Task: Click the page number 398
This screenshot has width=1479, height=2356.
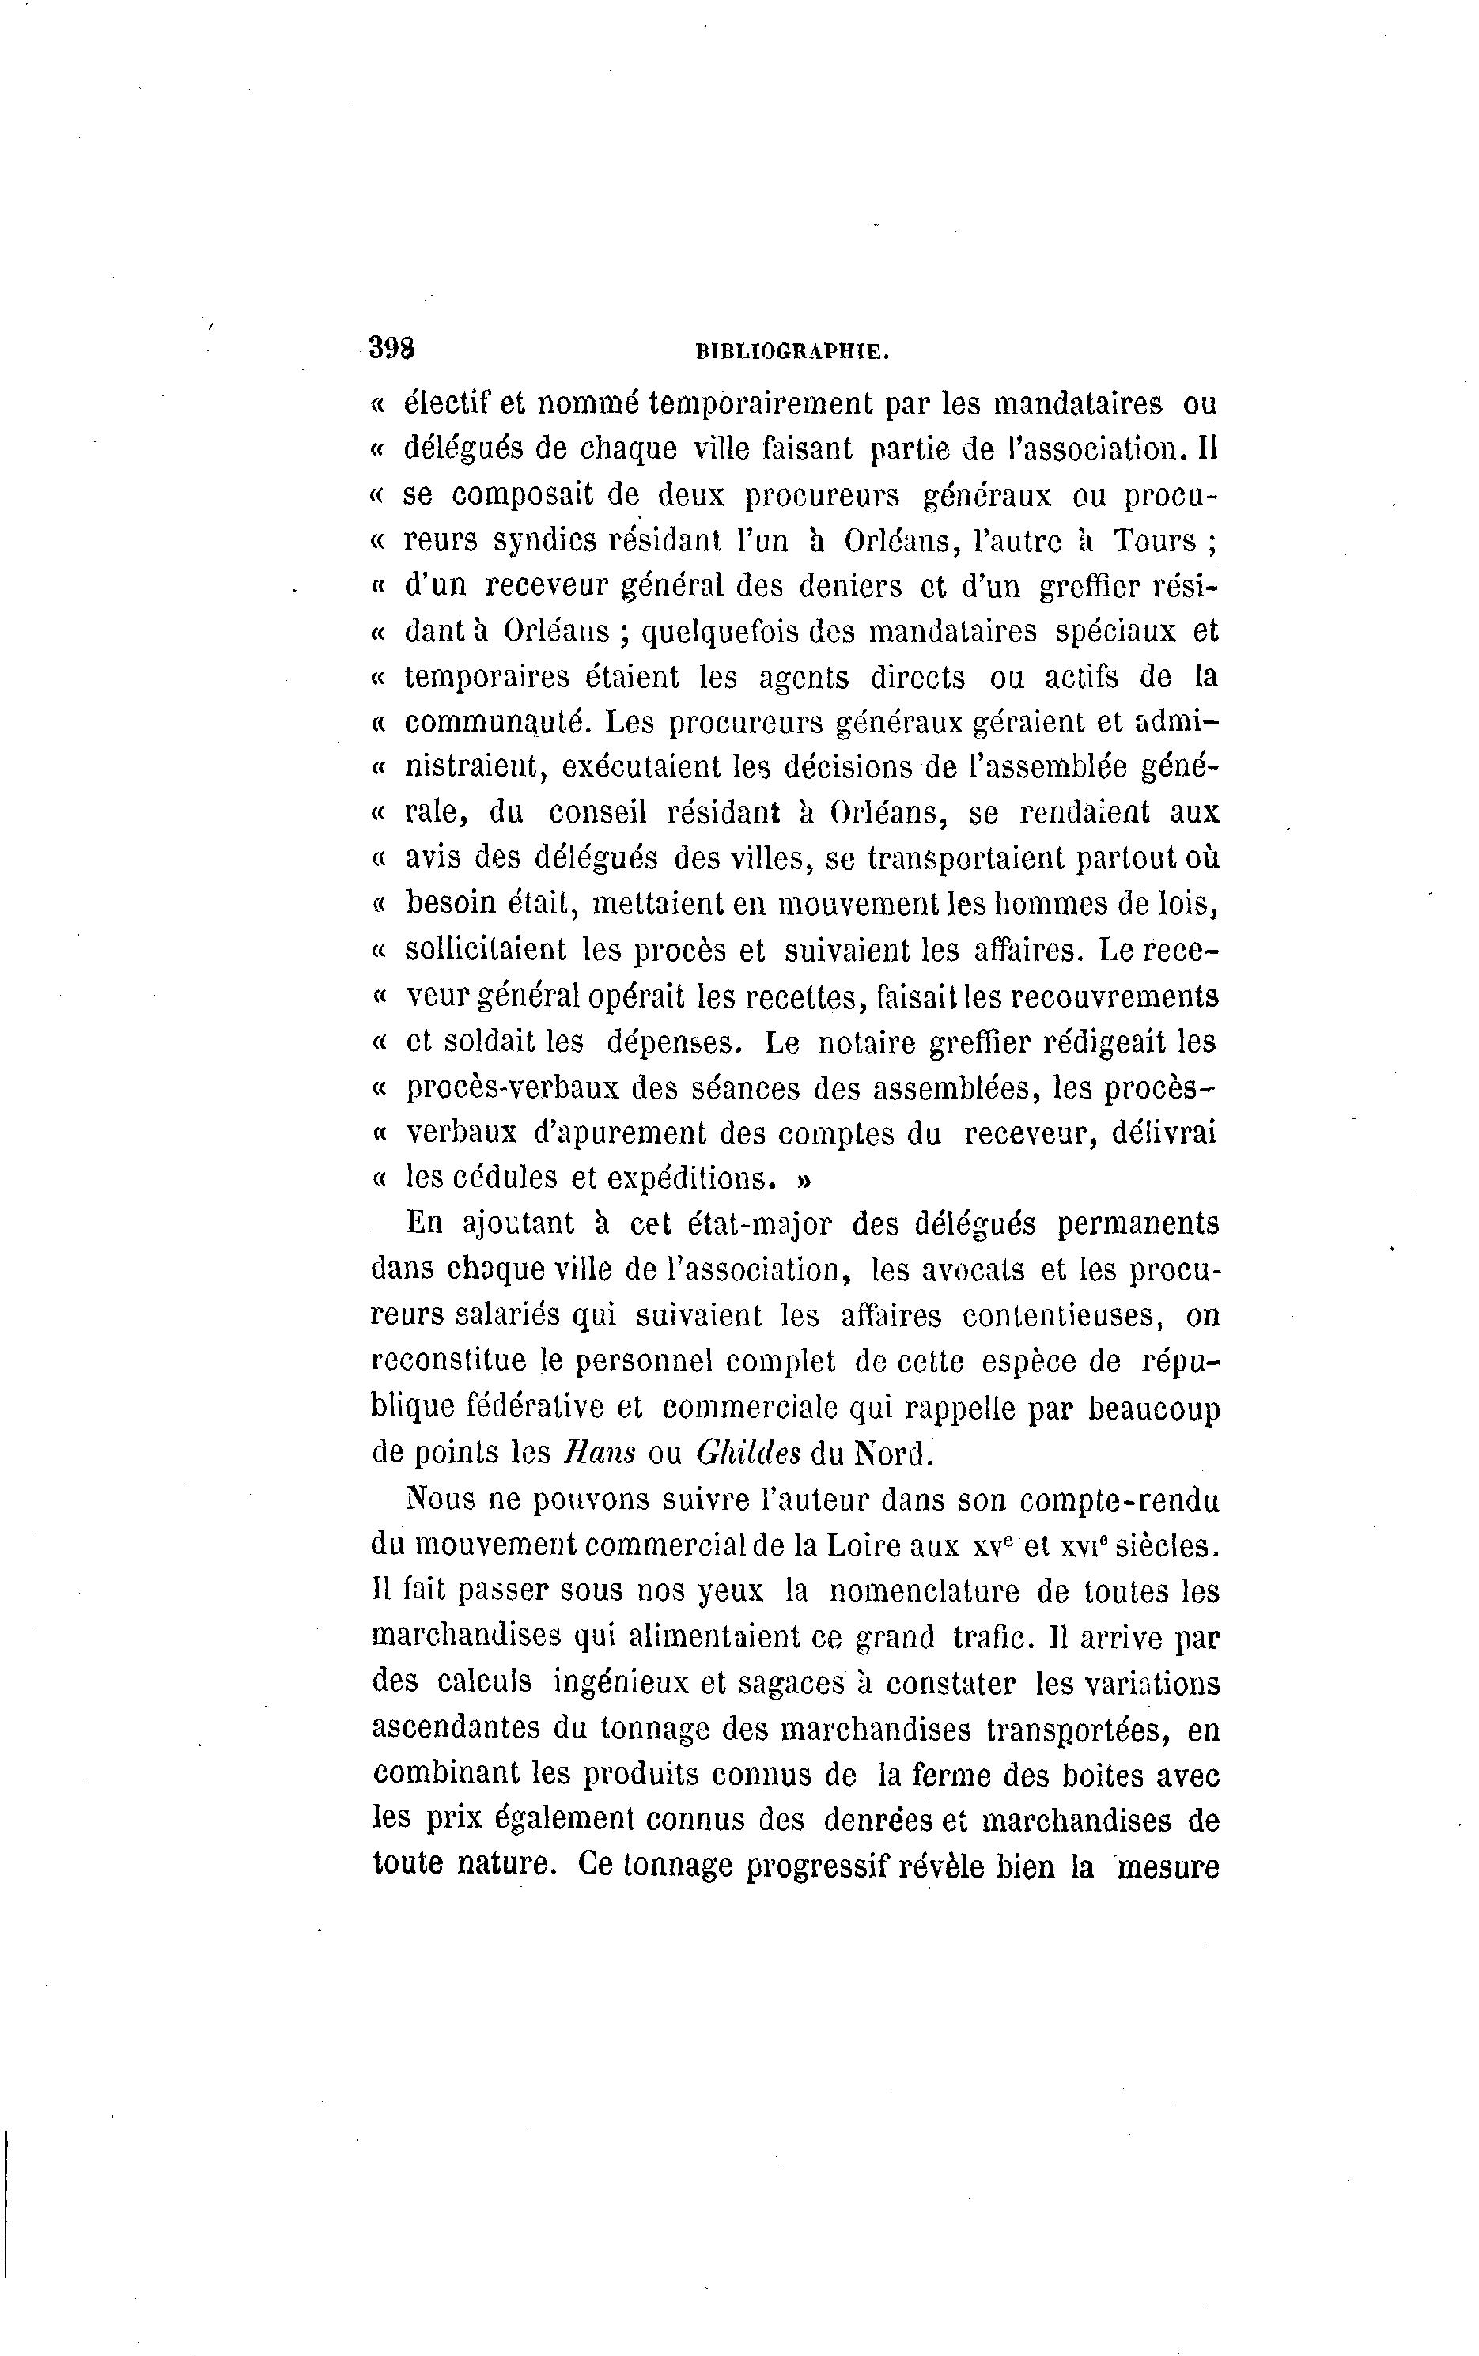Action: click(391, 348)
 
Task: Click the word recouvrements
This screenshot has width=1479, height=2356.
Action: click(1113, 997)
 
